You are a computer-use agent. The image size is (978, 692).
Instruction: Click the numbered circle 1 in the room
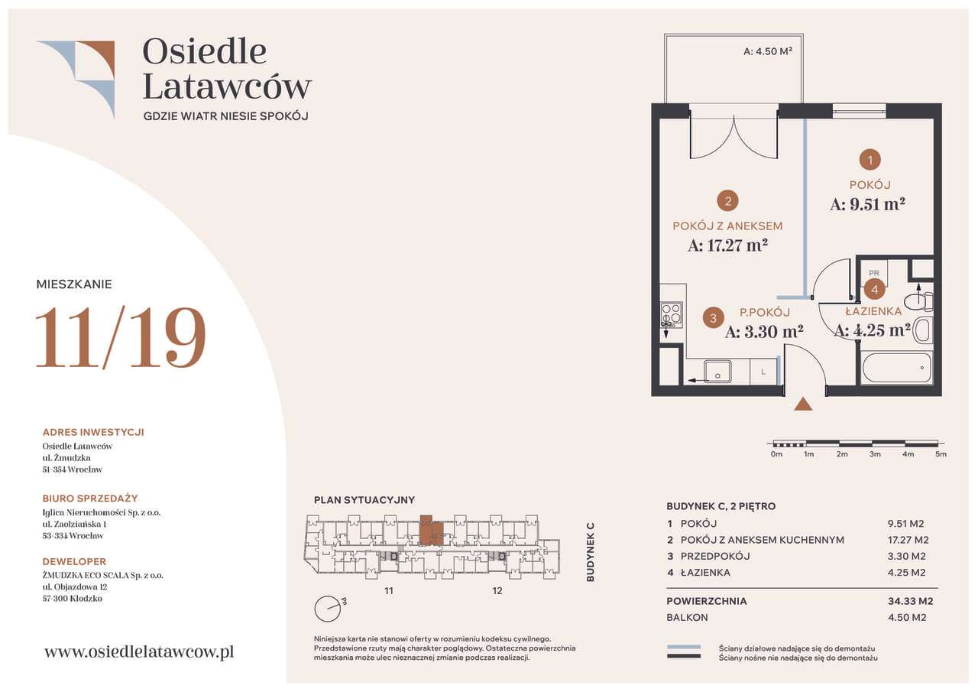tap(870, 160)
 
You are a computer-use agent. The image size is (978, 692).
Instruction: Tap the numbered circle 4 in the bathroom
tap(874, 289)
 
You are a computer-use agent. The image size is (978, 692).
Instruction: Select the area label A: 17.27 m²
tap(727, 245)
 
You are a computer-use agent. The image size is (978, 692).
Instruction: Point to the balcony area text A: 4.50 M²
tap(768, 52)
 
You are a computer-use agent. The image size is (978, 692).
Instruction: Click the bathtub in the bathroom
tap(896, 368)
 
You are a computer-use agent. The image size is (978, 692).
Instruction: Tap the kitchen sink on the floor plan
tap(717, 372)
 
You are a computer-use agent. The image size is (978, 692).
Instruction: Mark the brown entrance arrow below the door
tap(803, 404)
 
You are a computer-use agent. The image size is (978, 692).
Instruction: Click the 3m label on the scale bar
tap(875, 454)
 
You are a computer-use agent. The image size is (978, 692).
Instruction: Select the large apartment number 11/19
tap(121, 337)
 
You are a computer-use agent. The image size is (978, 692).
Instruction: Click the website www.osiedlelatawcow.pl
tap(139, 651)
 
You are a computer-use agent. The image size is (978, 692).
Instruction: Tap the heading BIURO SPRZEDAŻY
tap(90, 499)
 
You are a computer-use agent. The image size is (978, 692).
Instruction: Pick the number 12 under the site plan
tap(497, 590)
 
